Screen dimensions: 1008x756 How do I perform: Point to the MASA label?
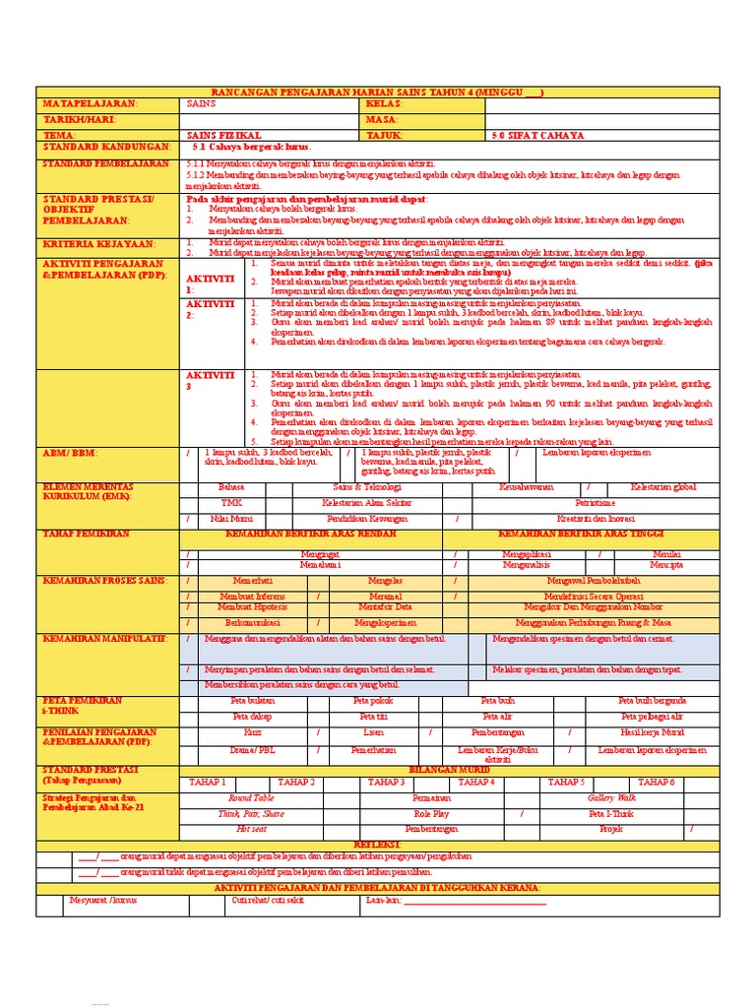(x=383, y=119)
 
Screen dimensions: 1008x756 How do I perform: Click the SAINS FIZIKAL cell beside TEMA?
(x=224, y=135)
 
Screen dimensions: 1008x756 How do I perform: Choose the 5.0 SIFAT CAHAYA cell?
(x=537, y=135)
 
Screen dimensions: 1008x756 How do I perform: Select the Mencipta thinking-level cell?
(x=665, y=566)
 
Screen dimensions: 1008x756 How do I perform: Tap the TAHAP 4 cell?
(x=476, y=782)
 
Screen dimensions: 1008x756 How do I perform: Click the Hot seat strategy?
(x=252, y=830)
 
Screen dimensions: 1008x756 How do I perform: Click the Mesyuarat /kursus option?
(x=105, y=900)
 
